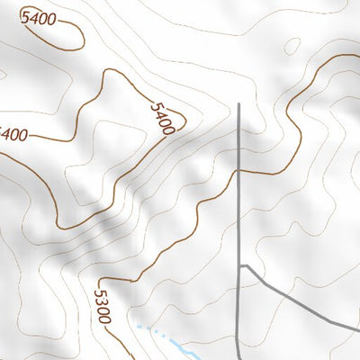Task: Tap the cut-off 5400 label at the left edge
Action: click(13, 135)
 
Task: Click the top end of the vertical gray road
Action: click(239, 105)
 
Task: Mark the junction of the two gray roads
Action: click(240, 266)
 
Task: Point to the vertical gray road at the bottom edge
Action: click(238, 357)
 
